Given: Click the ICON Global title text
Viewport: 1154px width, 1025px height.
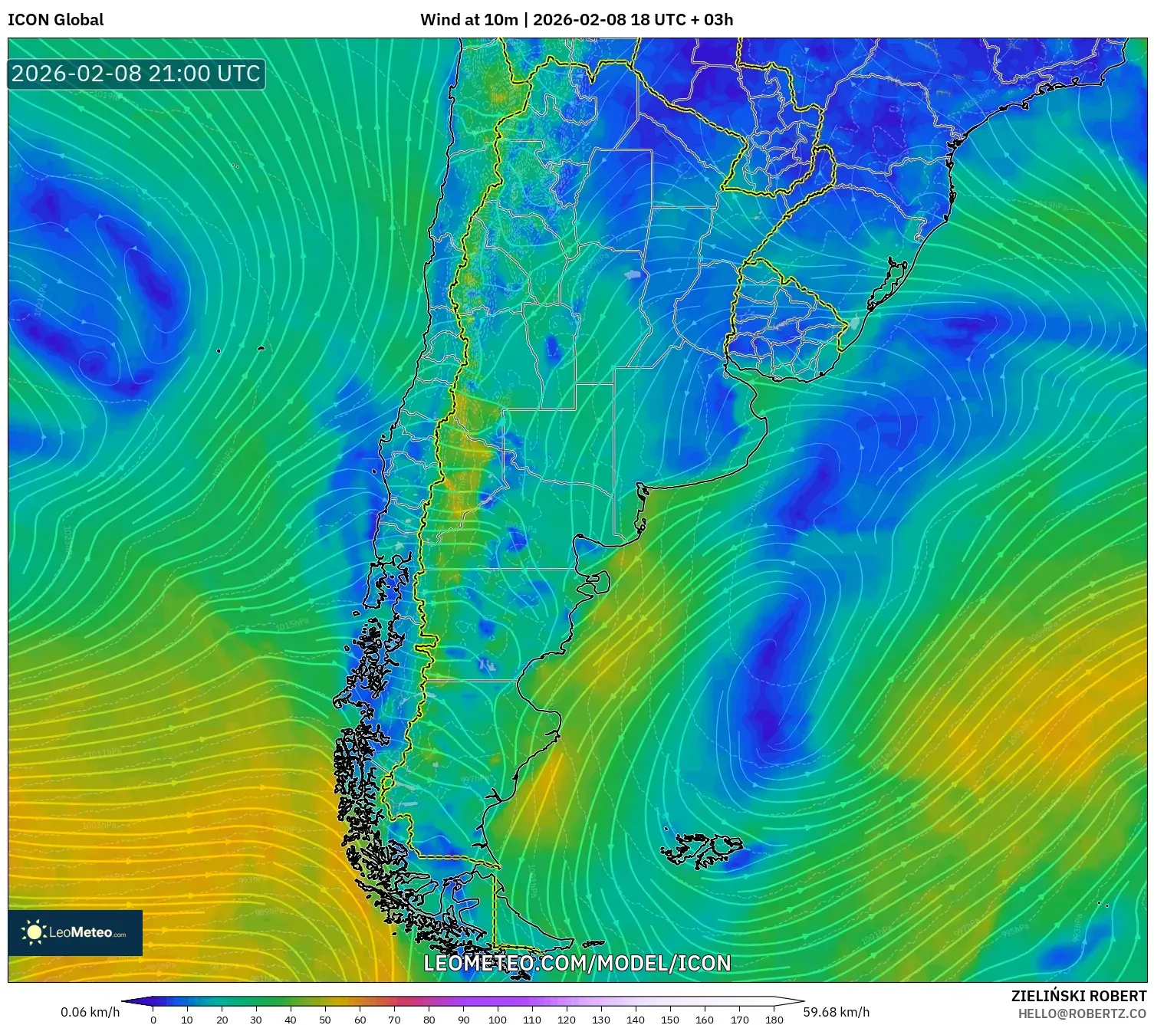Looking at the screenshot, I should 55,20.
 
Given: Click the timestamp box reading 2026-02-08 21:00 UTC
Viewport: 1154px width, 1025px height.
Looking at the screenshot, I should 136,74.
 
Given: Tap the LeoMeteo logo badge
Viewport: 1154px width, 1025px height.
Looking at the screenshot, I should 75,932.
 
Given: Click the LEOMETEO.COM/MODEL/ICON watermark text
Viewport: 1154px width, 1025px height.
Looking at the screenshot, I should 577,963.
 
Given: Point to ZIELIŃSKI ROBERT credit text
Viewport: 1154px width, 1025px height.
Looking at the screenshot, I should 1078,996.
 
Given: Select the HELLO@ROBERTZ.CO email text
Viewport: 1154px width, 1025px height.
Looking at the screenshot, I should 1082,1014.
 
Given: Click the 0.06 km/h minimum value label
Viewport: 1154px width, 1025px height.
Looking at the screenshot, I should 90,1012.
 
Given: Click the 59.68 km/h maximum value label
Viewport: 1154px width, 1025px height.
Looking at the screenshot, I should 836,1012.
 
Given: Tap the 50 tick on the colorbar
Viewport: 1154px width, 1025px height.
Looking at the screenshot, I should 325,1019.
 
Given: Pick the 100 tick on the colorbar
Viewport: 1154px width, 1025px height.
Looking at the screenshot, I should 498,1019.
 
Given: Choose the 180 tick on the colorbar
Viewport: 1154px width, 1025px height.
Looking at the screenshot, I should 774,1019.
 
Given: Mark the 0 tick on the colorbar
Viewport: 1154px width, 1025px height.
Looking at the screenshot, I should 153,1019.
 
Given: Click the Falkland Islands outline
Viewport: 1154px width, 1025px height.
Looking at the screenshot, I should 702,849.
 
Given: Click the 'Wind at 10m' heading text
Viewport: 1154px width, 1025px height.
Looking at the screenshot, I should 469,20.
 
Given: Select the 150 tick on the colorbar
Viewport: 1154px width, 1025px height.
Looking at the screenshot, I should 670,1019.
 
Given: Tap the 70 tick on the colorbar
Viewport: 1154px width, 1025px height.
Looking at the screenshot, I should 394,1019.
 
